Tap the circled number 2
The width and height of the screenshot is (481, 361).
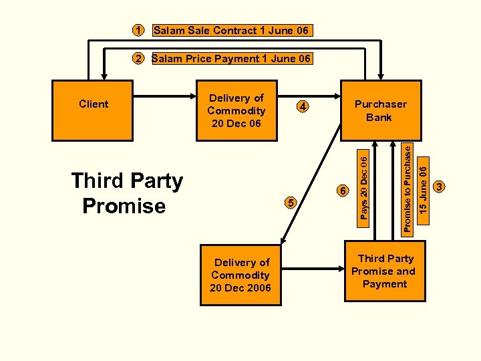(x=138, y=59)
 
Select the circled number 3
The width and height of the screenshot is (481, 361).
(x=439, y=187)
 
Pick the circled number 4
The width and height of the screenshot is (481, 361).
(x=303, y=107)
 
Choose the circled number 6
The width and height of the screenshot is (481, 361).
(x=343, y=191)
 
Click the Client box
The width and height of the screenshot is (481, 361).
(x=94, y=110)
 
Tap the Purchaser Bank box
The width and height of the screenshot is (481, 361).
(x=380, y=110)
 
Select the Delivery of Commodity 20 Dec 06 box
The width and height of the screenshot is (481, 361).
(x=236, y=110)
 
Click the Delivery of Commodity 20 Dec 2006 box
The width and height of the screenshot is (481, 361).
(x=240, y=275)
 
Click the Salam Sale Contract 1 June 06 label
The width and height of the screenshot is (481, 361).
(x=231, y=31)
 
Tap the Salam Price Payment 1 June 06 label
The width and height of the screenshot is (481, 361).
(x=231, y=59)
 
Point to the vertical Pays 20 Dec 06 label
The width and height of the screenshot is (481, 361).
(x=363, y=185)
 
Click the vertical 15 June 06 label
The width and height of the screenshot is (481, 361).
(x=422, y=191)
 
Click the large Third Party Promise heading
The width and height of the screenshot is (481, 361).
(x=126, y=193)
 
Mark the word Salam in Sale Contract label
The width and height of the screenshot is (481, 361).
(x=168, y=31)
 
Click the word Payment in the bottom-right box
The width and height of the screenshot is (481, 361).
(x=385, y=284)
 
